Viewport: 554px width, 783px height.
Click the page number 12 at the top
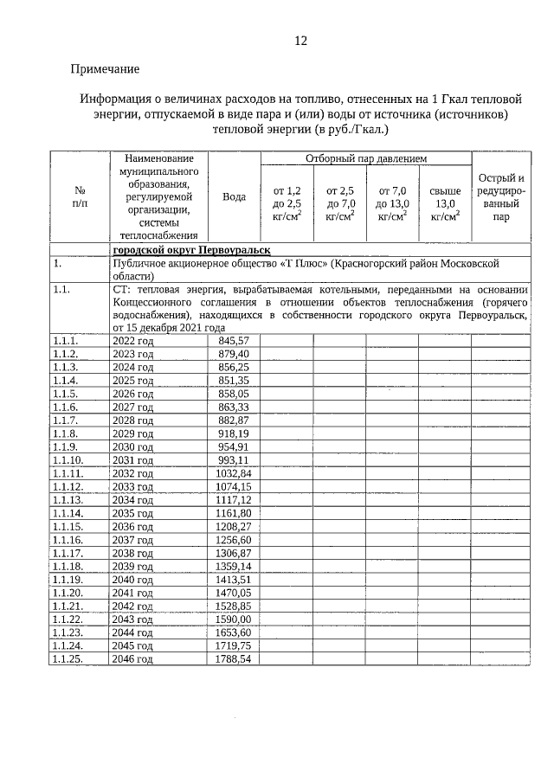pos(300,41)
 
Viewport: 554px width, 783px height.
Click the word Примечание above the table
pos(105,68)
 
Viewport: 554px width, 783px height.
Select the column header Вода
pos(234,196)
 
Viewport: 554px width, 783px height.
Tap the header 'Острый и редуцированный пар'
pos(501,197)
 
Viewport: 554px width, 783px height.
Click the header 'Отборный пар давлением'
pos(365,158)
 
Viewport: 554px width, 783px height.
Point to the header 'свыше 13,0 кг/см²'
pos(445,203)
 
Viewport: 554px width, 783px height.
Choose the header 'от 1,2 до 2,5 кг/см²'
pos(287,203)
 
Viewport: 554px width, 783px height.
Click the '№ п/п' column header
pos(79,196)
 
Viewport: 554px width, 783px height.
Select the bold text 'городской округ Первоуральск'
pos(185,248)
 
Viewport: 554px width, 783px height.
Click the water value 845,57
pos(234,341)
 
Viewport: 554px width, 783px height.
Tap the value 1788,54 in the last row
pos(233,658)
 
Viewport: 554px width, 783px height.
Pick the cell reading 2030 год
pos(133,446)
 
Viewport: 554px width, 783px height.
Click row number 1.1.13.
pos(69,499)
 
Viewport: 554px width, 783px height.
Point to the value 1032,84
pos(233,473)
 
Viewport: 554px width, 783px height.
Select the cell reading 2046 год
pos(133,658)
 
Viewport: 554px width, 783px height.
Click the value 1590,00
pos(233,619)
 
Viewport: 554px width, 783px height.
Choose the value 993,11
pos(234,459)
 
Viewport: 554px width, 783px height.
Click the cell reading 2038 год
pos(133,553)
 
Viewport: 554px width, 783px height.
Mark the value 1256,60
pos(233,539)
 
